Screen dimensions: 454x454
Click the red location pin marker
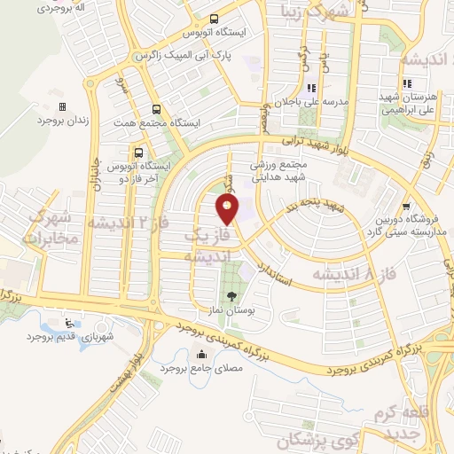tap(228, 209)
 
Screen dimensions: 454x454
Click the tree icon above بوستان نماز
tap(232, 297)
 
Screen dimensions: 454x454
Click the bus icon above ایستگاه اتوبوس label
tap(214, 19)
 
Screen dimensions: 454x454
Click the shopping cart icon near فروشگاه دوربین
tap(406, 204)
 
